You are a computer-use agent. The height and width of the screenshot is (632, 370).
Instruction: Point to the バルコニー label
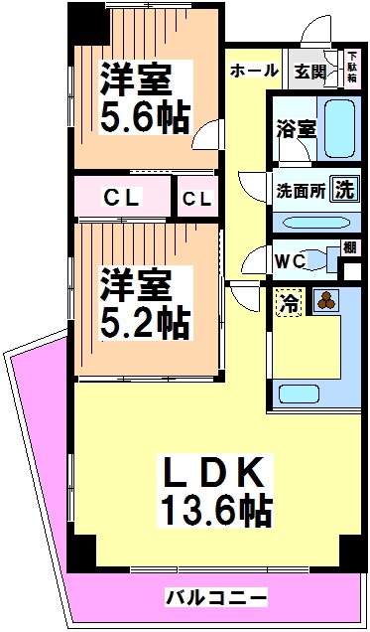pyautogui.click(x=215, y=597)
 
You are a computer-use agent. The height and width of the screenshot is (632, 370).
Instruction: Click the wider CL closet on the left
pyautogui.click(x=123, y=198)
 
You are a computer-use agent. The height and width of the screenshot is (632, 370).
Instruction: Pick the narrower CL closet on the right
pyautogui.click(x=196, y=198)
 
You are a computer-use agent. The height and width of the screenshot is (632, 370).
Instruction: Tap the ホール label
pyautogui.click(x=254, y=71)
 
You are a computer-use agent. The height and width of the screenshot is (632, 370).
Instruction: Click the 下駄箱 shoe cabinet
pyautogui.click(x=351, y=67)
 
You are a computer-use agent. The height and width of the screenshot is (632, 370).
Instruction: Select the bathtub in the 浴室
pyautogui.click(x=339, y=127)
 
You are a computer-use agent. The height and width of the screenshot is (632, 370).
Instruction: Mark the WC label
pyautogui.click(x=290, y=261)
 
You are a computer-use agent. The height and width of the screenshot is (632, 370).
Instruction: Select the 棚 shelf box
pyautogui.click(x=349, y=248)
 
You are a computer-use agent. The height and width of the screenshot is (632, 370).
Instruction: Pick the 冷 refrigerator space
pyautogui.click(x=288, y=303)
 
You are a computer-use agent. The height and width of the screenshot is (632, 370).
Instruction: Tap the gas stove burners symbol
pyautogui.click(x=325, y=301)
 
